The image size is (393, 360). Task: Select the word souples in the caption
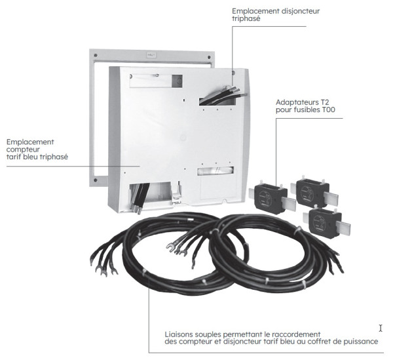coord(209,334)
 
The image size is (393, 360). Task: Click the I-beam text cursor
coord(380,328)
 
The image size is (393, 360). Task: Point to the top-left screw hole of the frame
coord(97,54)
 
